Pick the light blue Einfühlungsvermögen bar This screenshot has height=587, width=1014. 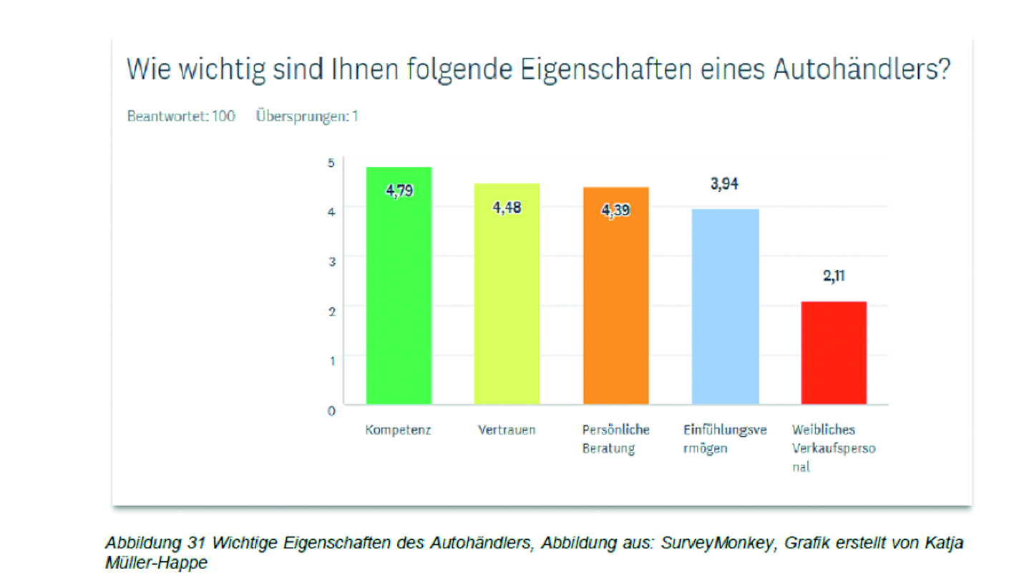click(x=725, y=308)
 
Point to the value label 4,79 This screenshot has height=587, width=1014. click(x=399, y=191)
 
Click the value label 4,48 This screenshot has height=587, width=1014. click(x=507, y=208)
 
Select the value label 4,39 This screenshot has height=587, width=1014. click(x=615, y=211)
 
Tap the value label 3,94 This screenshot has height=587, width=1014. click(x=724, y=184)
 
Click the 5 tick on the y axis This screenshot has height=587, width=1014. click(x=331, y=162)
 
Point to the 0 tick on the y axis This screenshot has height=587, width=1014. click(x=331, y=412)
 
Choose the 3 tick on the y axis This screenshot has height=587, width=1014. click(x=331, y=261)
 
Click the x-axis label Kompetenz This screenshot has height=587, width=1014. click(x=399, y=431)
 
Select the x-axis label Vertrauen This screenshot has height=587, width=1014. click(x=507, y=431)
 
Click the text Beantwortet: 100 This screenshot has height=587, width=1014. click(x=181, y=116)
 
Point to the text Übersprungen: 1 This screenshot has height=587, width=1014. click(x=307, y=116)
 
